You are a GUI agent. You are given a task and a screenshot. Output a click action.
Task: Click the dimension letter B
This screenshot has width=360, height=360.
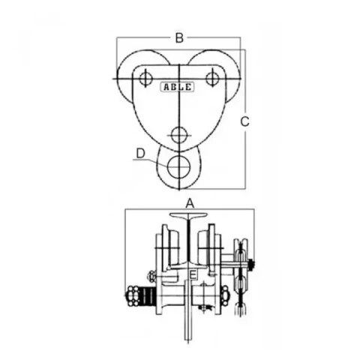click(179, 38)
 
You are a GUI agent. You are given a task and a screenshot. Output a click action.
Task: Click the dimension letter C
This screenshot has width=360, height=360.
click(244, 121)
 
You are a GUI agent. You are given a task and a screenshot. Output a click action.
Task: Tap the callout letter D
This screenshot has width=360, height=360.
click(141, 154)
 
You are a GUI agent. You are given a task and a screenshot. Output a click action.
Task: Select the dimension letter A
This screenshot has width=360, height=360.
click(190, 203)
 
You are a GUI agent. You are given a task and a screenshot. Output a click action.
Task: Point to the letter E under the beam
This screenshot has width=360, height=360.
click(193, 275)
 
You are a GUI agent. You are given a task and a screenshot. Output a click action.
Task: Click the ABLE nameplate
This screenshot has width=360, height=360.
click(178, 87)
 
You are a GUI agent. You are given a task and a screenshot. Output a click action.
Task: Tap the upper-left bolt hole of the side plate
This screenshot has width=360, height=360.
click(145, 78)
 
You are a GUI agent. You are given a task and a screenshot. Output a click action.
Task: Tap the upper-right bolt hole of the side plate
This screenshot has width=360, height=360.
click(212, 78)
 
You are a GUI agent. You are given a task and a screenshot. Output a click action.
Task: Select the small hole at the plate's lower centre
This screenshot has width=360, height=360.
click(179, 135)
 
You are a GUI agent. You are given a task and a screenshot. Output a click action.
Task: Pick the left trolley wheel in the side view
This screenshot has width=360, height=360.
click(170, 248)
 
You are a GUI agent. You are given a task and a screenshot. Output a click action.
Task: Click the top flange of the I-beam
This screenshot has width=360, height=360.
click(188, 215)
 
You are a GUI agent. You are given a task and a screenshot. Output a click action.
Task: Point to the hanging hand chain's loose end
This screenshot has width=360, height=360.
click(241, 310)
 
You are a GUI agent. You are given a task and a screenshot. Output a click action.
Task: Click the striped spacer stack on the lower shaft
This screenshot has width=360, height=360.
click(148, 297)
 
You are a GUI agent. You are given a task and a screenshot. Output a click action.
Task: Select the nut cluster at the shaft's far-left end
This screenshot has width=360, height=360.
click(133, 296)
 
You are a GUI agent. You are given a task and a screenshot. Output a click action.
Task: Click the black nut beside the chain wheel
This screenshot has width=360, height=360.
click(252, 265)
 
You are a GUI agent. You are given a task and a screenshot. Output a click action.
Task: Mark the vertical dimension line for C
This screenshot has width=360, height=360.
click(245, 119)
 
